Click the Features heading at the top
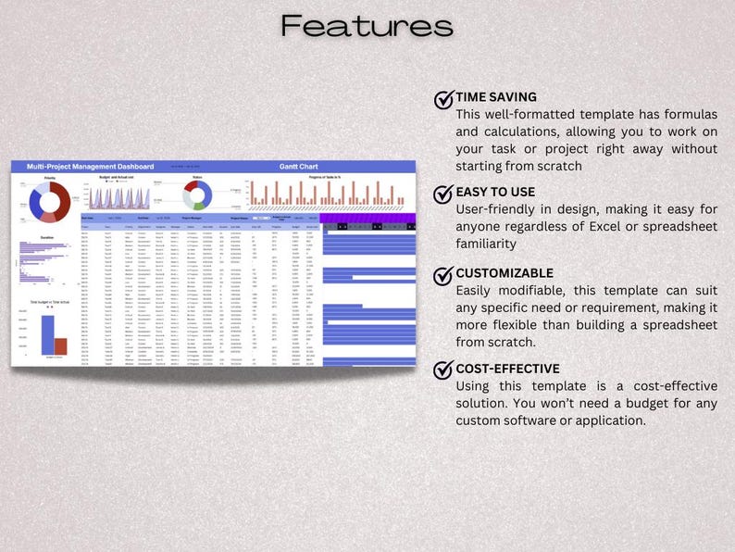[367, 26]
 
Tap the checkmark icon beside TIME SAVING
[443, 98]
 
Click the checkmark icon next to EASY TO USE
[443, 194]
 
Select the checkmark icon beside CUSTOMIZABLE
[443, 274]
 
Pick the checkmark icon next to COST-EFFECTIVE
[443, 370]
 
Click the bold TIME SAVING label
[496, 97]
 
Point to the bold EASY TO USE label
[495, 193]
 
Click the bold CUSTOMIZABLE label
[505, 273]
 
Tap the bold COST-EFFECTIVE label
[507, 369]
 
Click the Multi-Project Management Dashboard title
[90, 167]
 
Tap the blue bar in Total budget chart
[47, 335]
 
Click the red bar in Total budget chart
[61, 346]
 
